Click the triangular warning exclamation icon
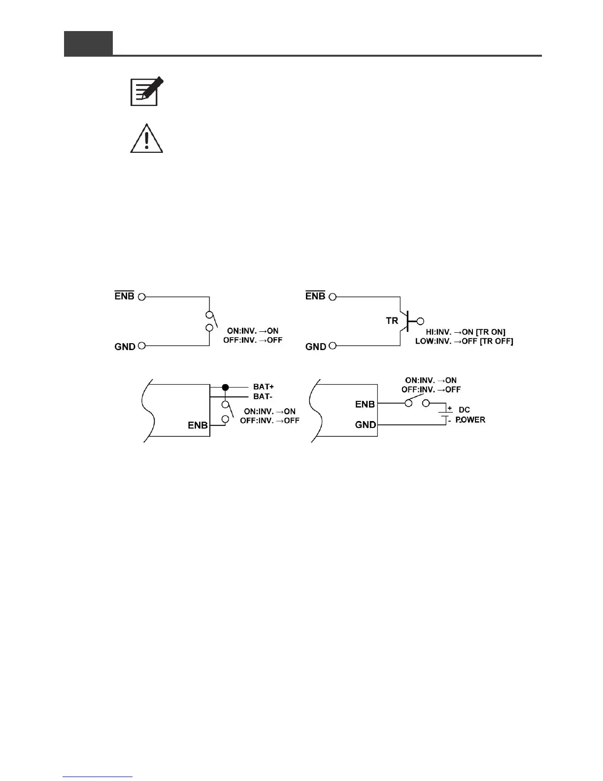pos(146,139)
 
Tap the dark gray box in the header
pos(88,43)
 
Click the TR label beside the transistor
pos(392,321)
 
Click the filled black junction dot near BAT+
pos(226,388)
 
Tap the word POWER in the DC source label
pos(470,420)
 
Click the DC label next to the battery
pos(464,410)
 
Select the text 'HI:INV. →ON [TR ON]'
pos(466,332)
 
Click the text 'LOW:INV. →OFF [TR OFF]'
pos(464,341)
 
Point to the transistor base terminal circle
pos(420,321)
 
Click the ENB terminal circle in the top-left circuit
pos(142,297)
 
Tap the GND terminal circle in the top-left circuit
pos(142,346)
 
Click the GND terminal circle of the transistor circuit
pos(333,346)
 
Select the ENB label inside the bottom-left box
pos(198,425)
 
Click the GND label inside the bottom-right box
pos(366,425)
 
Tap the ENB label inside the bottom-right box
pos(365,404)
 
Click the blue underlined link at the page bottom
pos(98,777)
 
